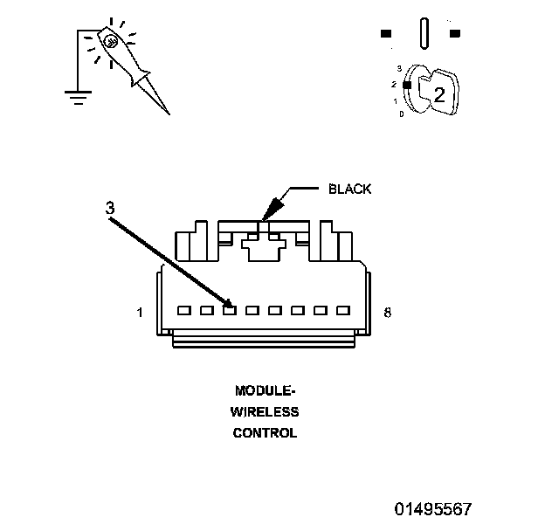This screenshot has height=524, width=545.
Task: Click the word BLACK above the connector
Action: click(349, 189)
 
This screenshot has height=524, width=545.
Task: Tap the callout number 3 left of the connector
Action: click(110, 208)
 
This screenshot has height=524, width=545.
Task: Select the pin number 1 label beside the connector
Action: click(140, 313)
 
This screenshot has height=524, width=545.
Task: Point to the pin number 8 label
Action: click(387, 313)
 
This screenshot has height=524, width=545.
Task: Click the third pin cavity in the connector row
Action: click(230, 310)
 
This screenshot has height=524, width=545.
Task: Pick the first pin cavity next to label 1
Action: click(184, 310)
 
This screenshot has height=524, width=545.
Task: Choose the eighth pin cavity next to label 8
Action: click(343, 310)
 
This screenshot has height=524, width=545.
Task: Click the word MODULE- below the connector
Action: click(266, 391)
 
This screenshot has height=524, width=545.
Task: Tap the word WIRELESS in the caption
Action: click(265, 412)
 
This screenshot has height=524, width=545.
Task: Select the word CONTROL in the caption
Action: click(265, 433)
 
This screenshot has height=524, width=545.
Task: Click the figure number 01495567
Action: click(433, 509)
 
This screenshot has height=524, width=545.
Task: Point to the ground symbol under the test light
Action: click(79, 98)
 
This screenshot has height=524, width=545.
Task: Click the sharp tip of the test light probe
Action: click(169, 114)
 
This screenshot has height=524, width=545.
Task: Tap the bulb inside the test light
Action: click(111, 43)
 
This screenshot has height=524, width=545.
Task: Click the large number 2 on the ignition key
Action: click(439, 94)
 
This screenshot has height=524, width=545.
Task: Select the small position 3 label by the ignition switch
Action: click(399, 68)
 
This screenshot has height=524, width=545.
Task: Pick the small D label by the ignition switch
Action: click(402, 114)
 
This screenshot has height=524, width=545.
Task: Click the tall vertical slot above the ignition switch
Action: click(424, 33)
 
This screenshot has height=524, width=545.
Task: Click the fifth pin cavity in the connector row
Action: click(275, 310)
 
